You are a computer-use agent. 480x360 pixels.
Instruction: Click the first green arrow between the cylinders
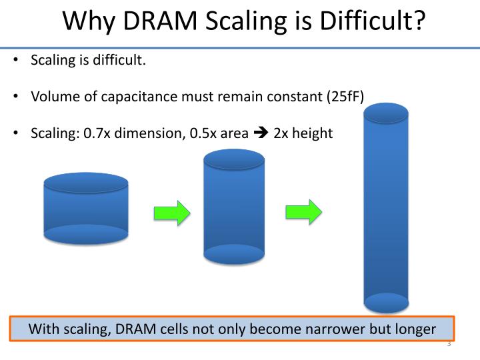172,213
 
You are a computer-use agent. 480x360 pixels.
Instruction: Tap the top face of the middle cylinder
233,159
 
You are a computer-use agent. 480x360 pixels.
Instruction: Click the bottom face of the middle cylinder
233,253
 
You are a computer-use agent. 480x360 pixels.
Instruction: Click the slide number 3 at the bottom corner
449,345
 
